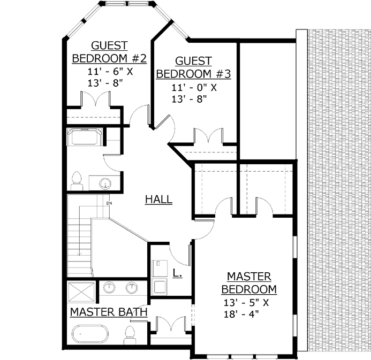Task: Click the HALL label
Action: pyautogui.click(x=158, y=200)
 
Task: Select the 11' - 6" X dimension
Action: pyautogui.click(x=109, y=71)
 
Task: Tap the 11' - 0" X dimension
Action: pyautogui.click(x=194, y=87)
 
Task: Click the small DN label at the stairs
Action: pyautogui.click(x=109, y=203)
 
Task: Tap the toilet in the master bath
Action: pyautogui.click(x=128, y=335)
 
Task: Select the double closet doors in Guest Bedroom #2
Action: pyautogui.click(x=95, y=100)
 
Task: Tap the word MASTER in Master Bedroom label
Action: pyautogui.click(x=249, y=277)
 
